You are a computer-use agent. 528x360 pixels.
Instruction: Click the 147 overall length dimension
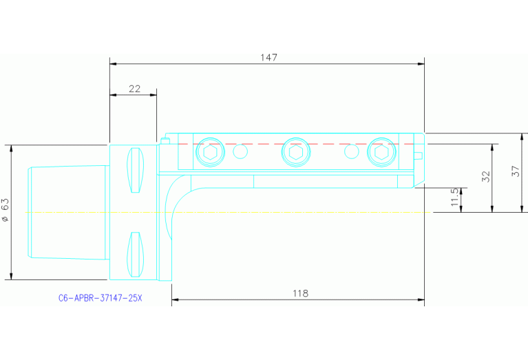point(268,57)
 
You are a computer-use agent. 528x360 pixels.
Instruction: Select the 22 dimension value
point(134,89)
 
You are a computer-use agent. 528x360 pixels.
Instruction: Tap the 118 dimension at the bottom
point(300,293)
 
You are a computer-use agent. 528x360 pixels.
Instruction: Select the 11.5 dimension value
point(454,198)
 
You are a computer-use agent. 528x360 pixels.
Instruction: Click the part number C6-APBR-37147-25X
point(100,299)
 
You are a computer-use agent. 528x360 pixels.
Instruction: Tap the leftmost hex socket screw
point(210,151)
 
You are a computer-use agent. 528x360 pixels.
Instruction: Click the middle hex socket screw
point(295,151)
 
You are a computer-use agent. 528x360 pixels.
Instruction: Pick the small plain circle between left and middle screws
point(240,151)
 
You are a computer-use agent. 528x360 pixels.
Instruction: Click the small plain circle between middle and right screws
point(351,151)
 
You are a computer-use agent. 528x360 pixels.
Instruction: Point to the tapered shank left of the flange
point(67,212)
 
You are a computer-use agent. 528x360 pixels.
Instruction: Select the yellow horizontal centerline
point(275,213)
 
